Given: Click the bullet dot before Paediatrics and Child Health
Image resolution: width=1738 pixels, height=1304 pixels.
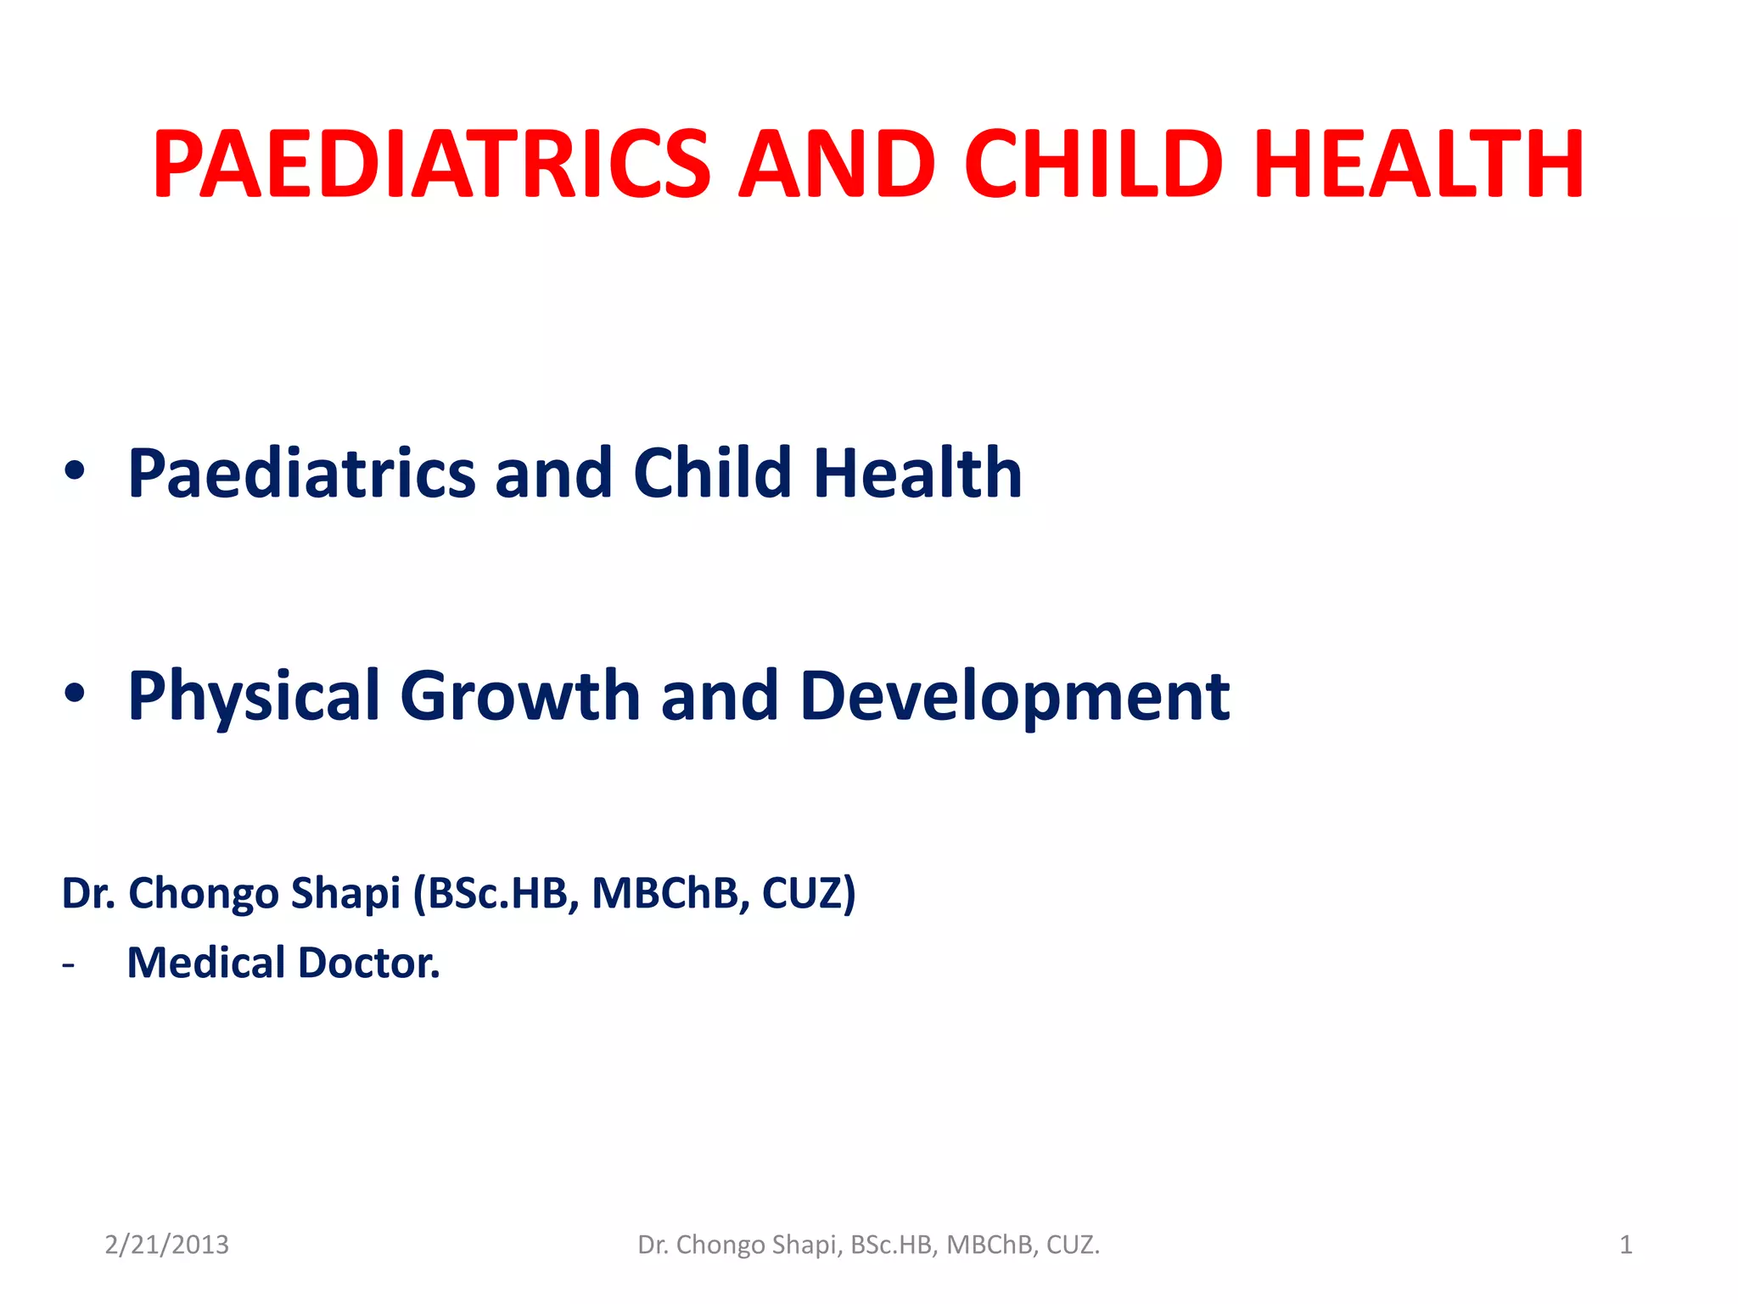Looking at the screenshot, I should pos(75,471).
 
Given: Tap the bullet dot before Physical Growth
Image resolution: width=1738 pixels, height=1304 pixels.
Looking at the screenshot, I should pos(75,694).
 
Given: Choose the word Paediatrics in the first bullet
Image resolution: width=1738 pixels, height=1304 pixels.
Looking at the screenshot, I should pos(301,473).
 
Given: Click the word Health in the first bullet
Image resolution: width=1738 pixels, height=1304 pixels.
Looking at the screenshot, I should pos(917,473).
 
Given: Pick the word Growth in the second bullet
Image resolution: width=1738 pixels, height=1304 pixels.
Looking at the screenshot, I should pos(519,696).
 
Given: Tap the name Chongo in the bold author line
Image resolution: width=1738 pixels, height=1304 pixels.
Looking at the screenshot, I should pos(204,894).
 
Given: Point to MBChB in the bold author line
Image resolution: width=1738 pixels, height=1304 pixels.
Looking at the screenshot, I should pos(664,893).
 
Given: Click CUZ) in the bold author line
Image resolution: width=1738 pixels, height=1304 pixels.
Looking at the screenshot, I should pos(809,893).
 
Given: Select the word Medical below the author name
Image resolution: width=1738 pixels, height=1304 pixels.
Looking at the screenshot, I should pos(206,963).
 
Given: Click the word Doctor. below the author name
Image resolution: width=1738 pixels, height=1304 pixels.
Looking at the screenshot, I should pos(369,963).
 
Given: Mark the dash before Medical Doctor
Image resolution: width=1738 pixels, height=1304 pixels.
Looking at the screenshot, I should pos(68,965).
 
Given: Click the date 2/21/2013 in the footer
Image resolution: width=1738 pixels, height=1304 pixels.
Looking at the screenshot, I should pos(166,1245).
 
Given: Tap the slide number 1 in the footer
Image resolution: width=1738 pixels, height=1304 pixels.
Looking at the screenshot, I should pos(1625,1245).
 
